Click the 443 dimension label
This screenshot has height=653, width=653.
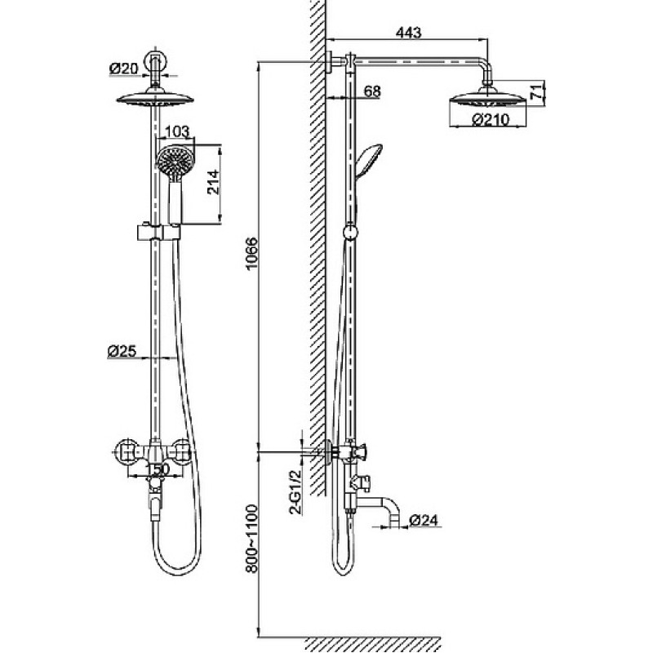pyautogui.click(x=408, y=32)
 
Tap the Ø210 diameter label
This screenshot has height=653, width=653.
pyautogui.click(x=491, y=120)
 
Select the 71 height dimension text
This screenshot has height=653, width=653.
pyautogui.click(x=537, y=91)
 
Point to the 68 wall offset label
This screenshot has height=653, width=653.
pyautogui.click(x=372, y=91)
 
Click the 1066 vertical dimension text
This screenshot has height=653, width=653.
pyautogui.click(x=252, y=254)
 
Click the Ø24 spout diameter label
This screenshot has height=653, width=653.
pyautogui.click(x=424, y=520)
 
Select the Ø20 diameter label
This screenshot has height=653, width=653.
pyautogui.click(x=124, y=69)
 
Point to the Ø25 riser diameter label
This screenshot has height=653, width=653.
pyautogui.click(x=122, y=351)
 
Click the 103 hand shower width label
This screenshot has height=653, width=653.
pyautogui.click(x=177, y=132)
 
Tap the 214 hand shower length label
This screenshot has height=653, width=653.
pyautogui.click(x=213, y=182)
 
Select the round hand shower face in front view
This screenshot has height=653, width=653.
pyautogui.click(x=175, y=162)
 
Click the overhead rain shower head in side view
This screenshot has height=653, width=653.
pyautogui.click(x=487, y=99)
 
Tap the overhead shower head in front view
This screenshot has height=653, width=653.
pyautogui.click(x=155, y=99)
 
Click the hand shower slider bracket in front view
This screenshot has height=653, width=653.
pyautogui.click(x=158, y=232)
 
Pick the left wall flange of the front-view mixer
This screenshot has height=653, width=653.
pyautogui.click(x=125, y=451)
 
